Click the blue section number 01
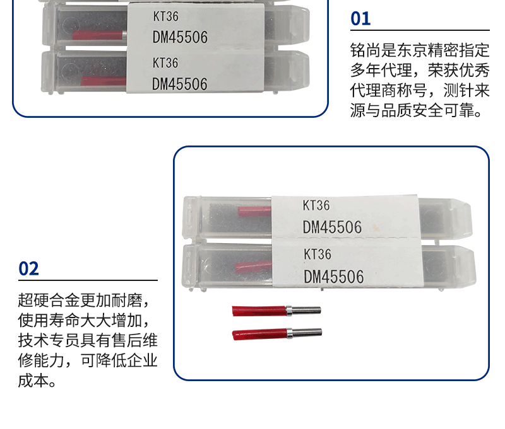click(360, 18)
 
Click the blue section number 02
click(28, 268)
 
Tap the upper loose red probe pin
click(276, 311)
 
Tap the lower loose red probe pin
click(277, 334)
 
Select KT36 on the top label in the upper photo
click(165, 16)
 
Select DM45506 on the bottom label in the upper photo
click(180, 84)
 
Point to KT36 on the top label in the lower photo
click(316, 205)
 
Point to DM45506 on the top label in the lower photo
click(333, 227)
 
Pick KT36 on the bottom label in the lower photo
click(318, 254)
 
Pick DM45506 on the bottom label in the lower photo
click(334, 277)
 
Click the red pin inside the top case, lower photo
click(255, 212)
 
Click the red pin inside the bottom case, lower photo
click(254, 267)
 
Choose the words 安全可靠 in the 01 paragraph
click(444, 110)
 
